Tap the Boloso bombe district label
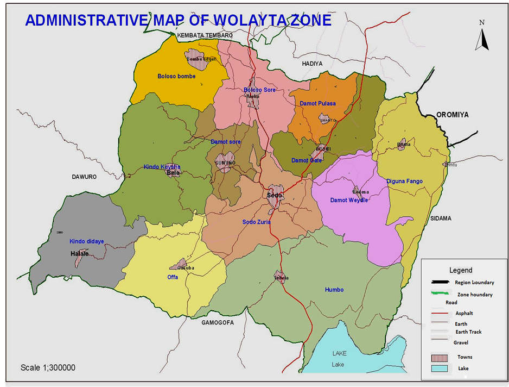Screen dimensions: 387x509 click(176, 77)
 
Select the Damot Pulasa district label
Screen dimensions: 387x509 click(317, 103)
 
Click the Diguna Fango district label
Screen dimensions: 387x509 click(404, 181)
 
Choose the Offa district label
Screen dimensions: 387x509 click(173, 277)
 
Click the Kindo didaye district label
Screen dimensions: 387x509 click(86, 241)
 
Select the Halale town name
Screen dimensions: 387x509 click(79, 254)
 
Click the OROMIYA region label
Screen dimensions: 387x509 click(451, 115)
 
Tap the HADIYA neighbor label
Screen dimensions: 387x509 click(312, 64)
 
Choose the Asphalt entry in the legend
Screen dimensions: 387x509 click(464, 313)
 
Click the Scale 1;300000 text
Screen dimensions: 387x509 click(48, 368)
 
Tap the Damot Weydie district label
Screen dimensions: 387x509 click(349, 200)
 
